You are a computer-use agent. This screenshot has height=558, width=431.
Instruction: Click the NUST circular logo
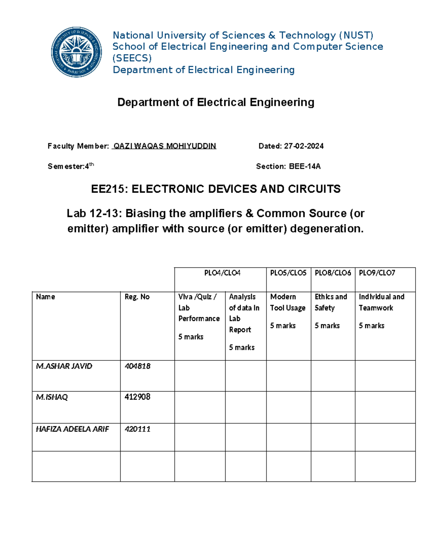tap(76, 52)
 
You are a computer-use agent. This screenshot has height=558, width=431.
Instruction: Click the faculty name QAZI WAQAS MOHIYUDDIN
tap(164, 146)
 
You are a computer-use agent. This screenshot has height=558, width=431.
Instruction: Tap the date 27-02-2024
tap(304, 146)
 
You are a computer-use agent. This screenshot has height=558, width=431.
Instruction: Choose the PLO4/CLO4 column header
tap(222, 273)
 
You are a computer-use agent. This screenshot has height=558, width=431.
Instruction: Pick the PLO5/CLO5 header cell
tap(288, 273)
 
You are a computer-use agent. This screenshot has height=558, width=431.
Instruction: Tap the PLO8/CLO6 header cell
tap(333, 273)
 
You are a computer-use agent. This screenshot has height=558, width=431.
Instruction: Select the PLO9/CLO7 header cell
tap(377, 273)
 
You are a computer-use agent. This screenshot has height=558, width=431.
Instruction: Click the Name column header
tap(46, 297)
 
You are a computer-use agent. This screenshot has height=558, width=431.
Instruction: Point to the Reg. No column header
tap(137, 297)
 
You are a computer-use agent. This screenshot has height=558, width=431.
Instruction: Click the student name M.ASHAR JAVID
tap(64, 366)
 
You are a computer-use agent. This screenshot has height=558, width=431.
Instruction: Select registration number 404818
tap(138, 366)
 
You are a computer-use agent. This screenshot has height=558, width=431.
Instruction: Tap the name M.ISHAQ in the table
tap(52, 397)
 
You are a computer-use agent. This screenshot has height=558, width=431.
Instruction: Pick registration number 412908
tap(138, 397)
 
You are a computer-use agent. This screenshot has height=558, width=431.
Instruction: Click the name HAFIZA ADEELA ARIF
tap(72, 429)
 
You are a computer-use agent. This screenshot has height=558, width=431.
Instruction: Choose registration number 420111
tap(138, 429)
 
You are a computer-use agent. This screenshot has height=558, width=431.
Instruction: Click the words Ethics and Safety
tap(330, 302)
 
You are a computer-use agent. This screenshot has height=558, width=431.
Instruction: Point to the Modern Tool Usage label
tap(287, 302)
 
